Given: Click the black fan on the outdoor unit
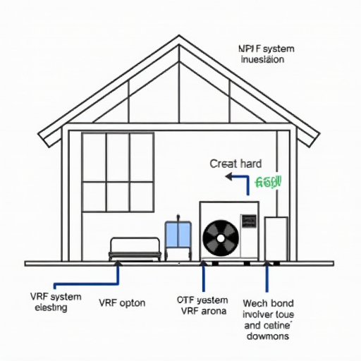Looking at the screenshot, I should pos(221,238).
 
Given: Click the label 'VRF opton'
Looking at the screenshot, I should pos(123,302).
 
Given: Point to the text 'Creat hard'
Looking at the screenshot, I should pos(235,164).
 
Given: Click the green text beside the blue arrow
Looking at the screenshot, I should pos(269,182).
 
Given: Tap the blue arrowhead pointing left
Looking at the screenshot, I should pos(228,177).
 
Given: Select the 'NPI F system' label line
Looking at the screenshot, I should pos(267,48).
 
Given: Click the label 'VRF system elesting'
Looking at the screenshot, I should pos(56,302).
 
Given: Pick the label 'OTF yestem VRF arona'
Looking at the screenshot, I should pos(202,305).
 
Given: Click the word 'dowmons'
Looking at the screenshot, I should pos(267,337).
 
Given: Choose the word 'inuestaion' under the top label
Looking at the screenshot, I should pos(262,60).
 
